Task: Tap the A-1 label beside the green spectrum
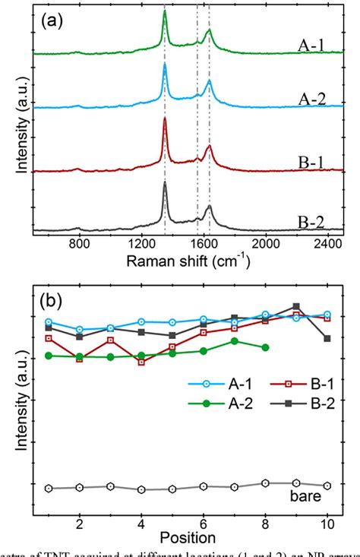(311, 45)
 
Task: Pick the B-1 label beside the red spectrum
(311, 162)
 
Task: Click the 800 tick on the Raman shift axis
(80, 246)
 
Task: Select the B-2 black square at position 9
(296, 307)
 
